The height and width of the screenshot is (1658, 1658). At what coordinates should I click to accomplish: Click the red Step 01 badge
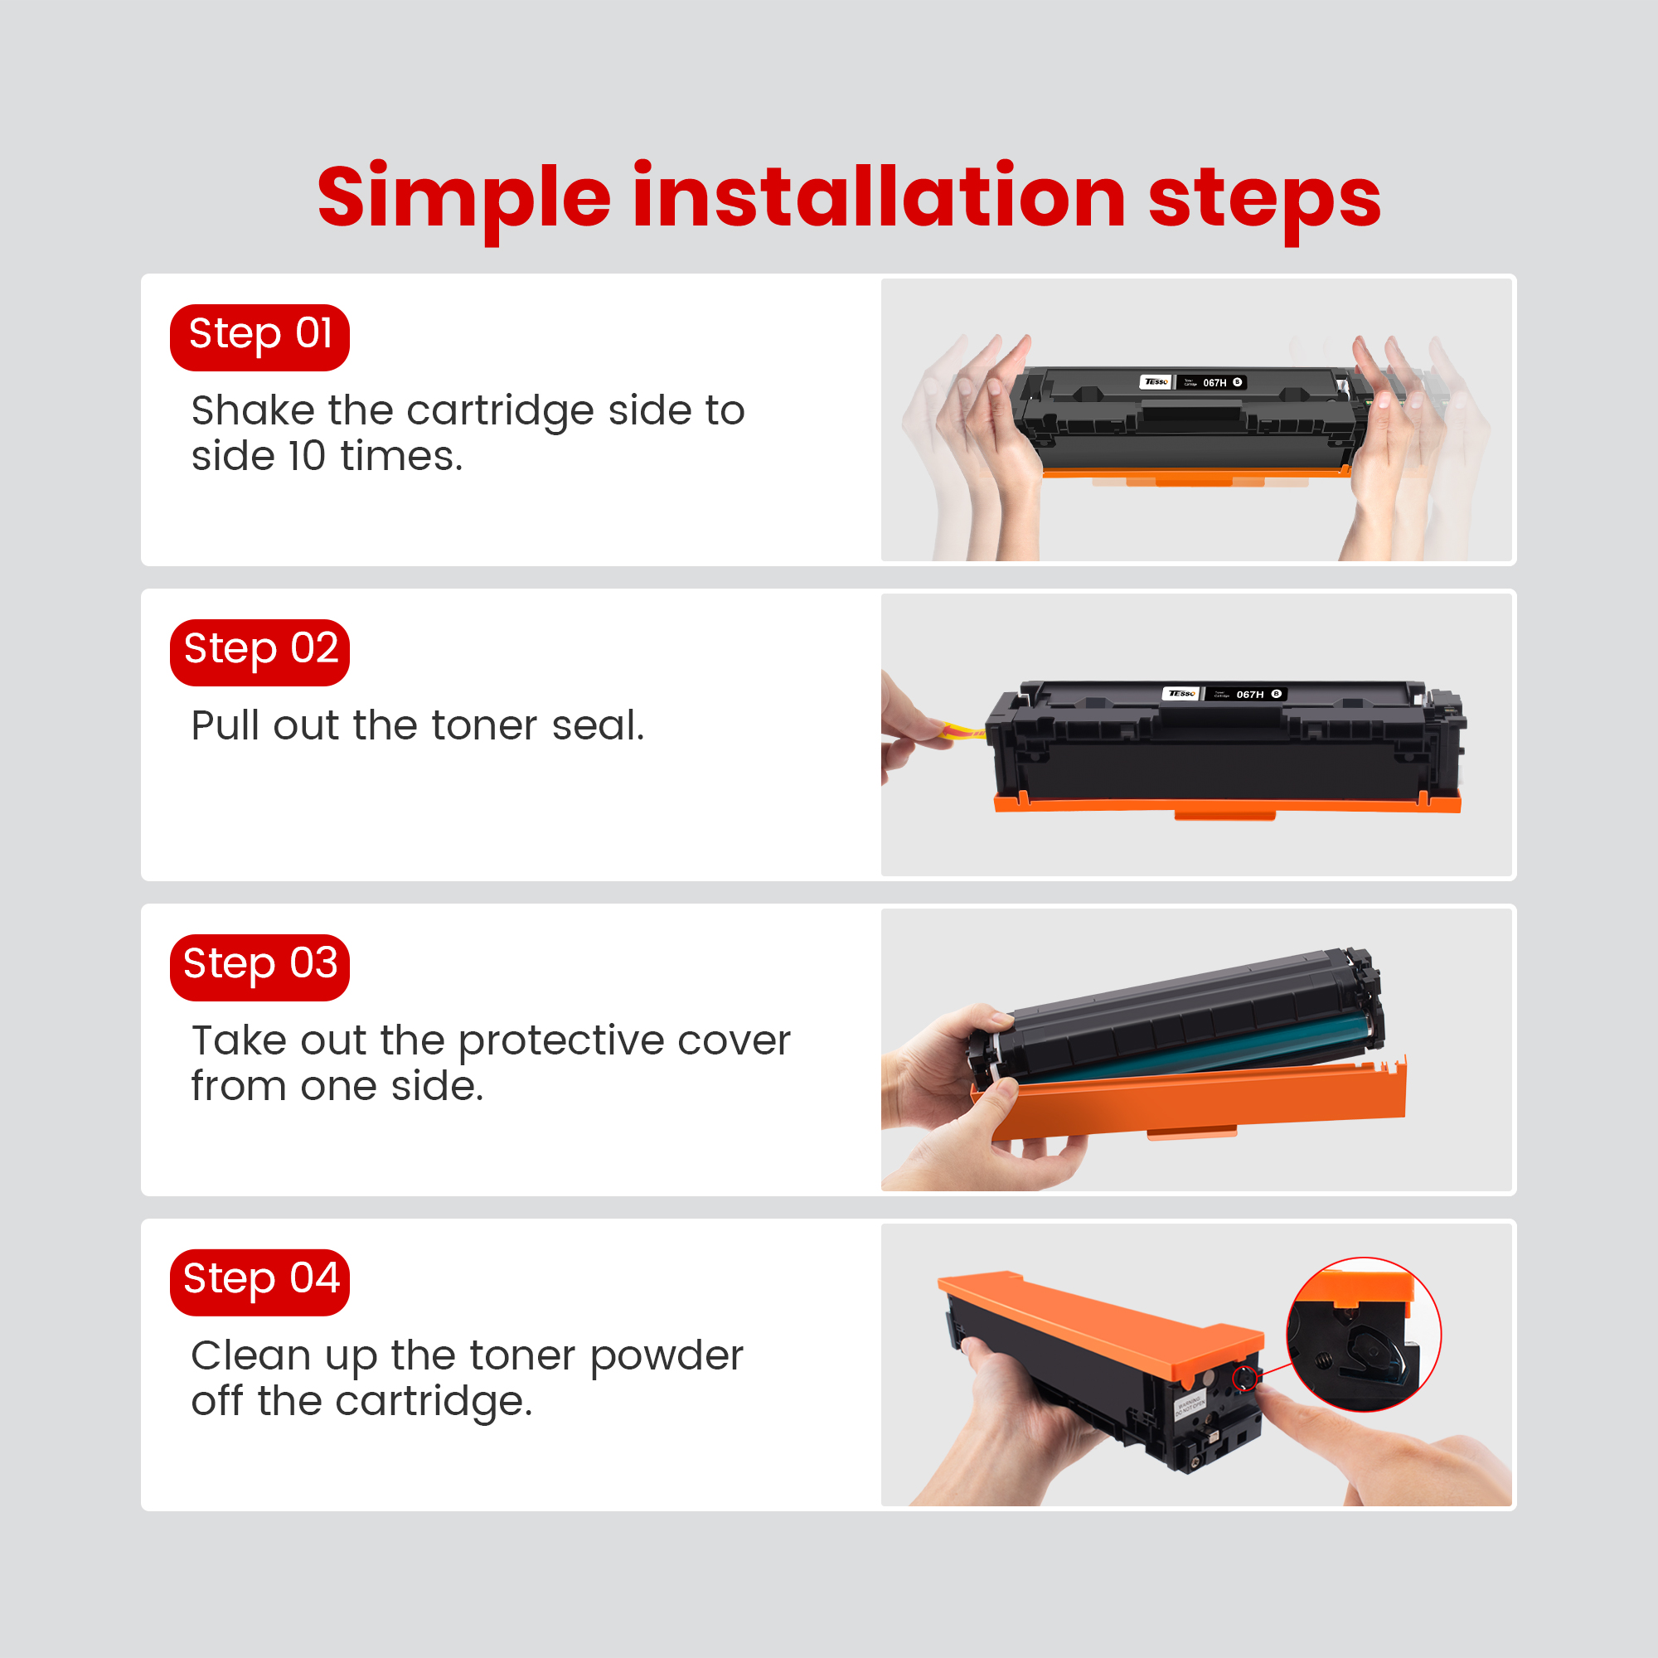click(x=259, y=337)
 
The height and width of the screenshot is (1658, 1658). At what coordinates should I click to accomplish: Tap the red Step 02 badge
click(x=259, y=652)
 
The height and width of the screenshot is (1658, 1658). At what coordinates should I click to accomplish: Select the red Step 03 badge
click(x=259, y=967)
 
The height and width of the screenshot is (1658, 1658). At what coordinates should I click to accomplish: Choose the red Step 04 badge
click(x=259, y=1282)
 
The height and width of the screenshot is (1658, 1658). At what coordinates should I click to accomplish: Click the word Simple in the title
click(x=463, y=199)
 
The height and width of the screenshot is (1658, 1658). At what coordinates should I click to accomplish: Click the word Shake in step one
click(x=252, y=410)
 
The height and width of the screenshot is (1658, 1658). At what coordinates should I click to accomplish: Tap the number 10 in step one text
click(x=307, y=457)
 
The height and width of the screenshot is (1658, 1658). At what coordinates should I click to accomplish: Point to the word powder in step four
click(x=667, y=1356)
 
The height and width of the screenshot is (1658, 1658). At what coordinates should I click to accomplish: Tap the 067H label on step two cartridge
click(x=1249, y=694)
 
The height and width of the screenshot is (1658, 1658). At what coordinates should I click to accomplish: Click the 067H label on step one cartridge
click(x=1214, y=383)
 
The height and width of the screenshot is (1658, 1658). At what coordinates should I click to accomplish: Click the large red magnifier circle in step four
click(x=1363, y=1335)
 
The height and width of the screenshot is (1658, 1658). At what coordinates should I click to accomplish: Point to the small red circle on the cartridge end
click(x=1244, y=1379)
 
